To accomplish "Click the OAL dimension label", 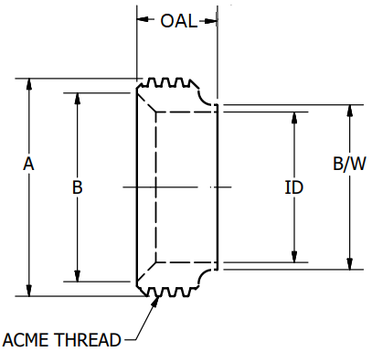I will point(177,21).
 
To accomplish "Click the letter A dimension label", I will point(28,165).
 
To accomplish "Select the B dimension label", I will point(78,187).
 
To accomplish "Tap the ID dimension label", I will point(293,187).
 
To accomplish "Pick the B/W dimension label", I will point(348,165).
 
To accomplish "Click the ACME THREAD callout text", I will point(61,340).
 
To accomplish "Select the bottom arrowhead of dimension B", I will point(78,276).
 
